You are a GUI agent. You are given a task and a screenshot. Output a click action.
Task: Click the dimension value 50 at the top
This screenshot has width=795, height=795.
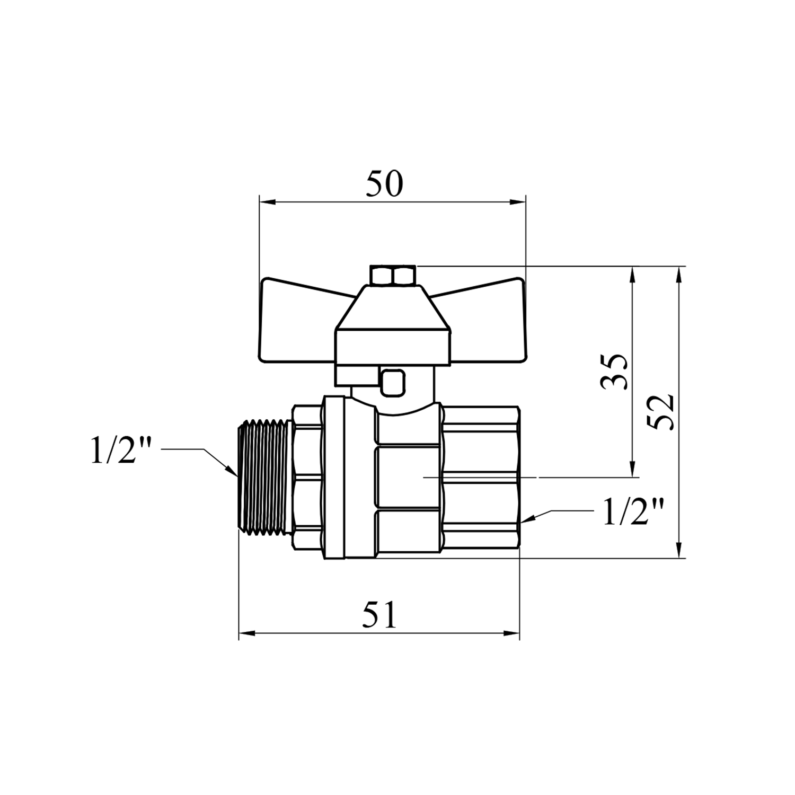click(384, 184)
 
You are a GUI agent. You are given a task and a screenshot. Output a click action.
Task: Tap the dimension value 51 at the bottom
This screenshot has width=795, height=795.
click(379, 615)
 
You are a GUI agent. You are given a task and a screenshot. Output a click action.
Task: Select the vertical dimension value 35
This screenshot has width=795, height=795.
click(615, 372)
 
